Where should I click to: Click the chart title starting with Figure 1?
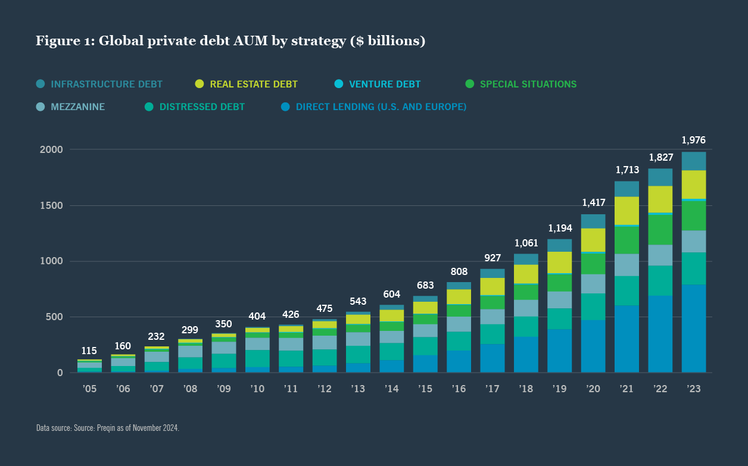point(230,41)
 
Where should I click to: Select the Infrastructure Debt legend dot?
point(40,84)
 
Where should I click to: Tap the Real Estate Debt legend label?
point(254,84)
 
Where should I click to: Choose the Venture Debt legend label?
point(385,84)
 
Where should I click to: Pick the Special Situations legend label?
point(528,84)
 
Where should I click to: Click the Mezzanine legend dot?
point(40,107)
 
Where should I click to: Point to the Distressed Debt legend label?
point(202,107)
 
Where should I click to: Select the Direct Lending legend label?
point(381,107)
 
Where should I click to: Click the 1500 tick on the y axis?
point(51,206)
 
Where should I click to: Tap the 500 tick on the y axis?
point(54,317)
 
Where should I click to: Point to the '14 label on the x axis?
point(391,389)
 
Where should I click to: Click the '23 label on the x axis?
point(694,389)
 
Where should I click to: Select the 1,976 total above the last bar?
point(694,140)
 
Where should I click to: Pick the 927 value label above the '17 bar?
point(493,258)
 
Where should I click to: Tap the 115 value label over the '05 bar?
point(89,351)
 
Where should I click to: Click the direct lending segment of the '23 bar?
point(694,329)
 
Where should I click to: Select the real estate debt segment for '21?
point(627,211)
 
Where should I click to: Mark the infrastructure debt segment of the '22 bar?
point(660,177)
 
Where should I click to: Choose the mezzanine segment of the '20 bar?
point(593,284)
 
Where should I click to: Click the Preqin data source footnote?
point(108,428)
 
